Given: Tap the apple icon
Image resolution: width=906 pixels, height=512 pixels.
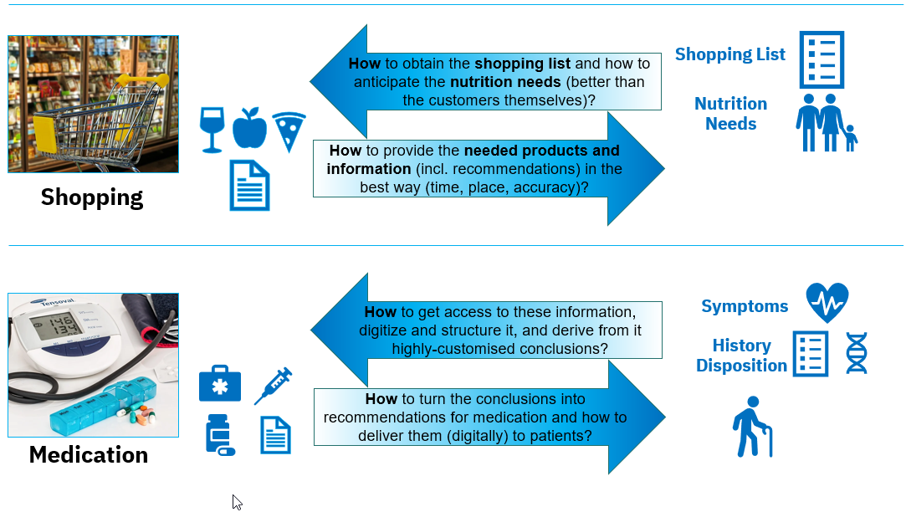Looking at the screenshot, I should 249,127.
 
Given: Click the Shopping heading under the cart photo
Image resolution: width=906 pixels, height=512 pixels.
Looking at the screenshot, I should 92,197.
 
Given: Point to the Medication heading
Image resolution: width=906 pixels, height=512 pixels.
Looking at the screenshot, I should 89,455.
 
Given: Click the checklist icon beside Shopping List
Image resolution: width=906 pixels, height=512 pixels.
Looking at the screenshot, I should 822,59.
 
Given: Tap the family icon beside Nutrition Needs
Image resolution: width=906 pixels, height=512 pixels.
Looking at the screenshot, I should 826,123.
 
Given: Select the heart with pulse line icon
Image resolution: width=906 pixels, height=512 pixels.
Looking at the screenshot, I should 827,303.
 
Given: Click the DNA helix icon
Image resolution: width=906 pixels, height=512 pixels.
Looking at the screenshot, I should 857,353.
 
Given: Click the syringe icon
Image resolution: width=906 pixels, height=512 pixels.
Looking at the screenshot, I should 273,387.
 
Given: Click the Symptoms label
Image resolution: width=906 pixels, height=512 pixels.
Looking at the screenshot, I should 745,306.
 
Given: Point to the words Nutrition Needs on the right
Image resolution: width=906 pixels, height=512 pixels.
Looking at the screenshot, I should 730,114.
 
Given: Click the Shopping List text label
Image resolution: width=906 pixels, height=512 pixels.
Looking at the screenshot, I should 730,54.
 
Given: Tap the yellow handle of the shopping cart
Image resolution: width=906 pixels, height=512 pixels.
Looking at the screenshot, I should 134,82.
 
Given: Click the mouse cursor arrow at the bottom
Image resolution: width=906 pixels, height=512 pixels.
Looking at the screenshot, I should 237,501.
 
